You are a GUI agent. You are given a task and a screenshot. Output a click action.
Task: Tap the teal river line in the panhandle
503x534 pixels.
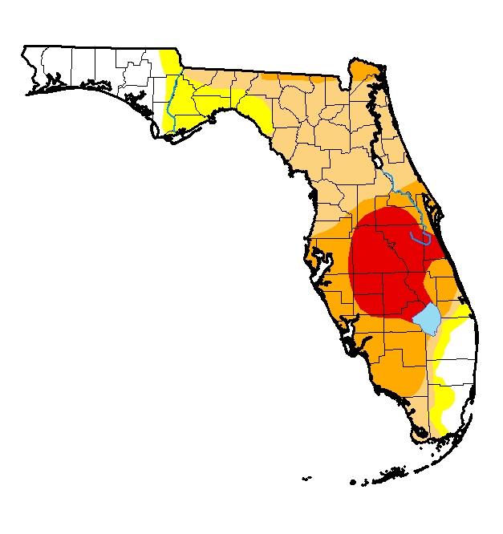click(172, 104)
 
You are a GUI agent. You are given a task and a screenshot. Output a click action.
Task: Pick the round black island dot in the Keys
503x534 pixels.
click(353, 482)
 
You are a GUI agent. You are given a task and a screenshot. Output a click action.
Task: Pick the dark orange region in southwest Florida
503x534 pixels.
click(385, 353)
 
